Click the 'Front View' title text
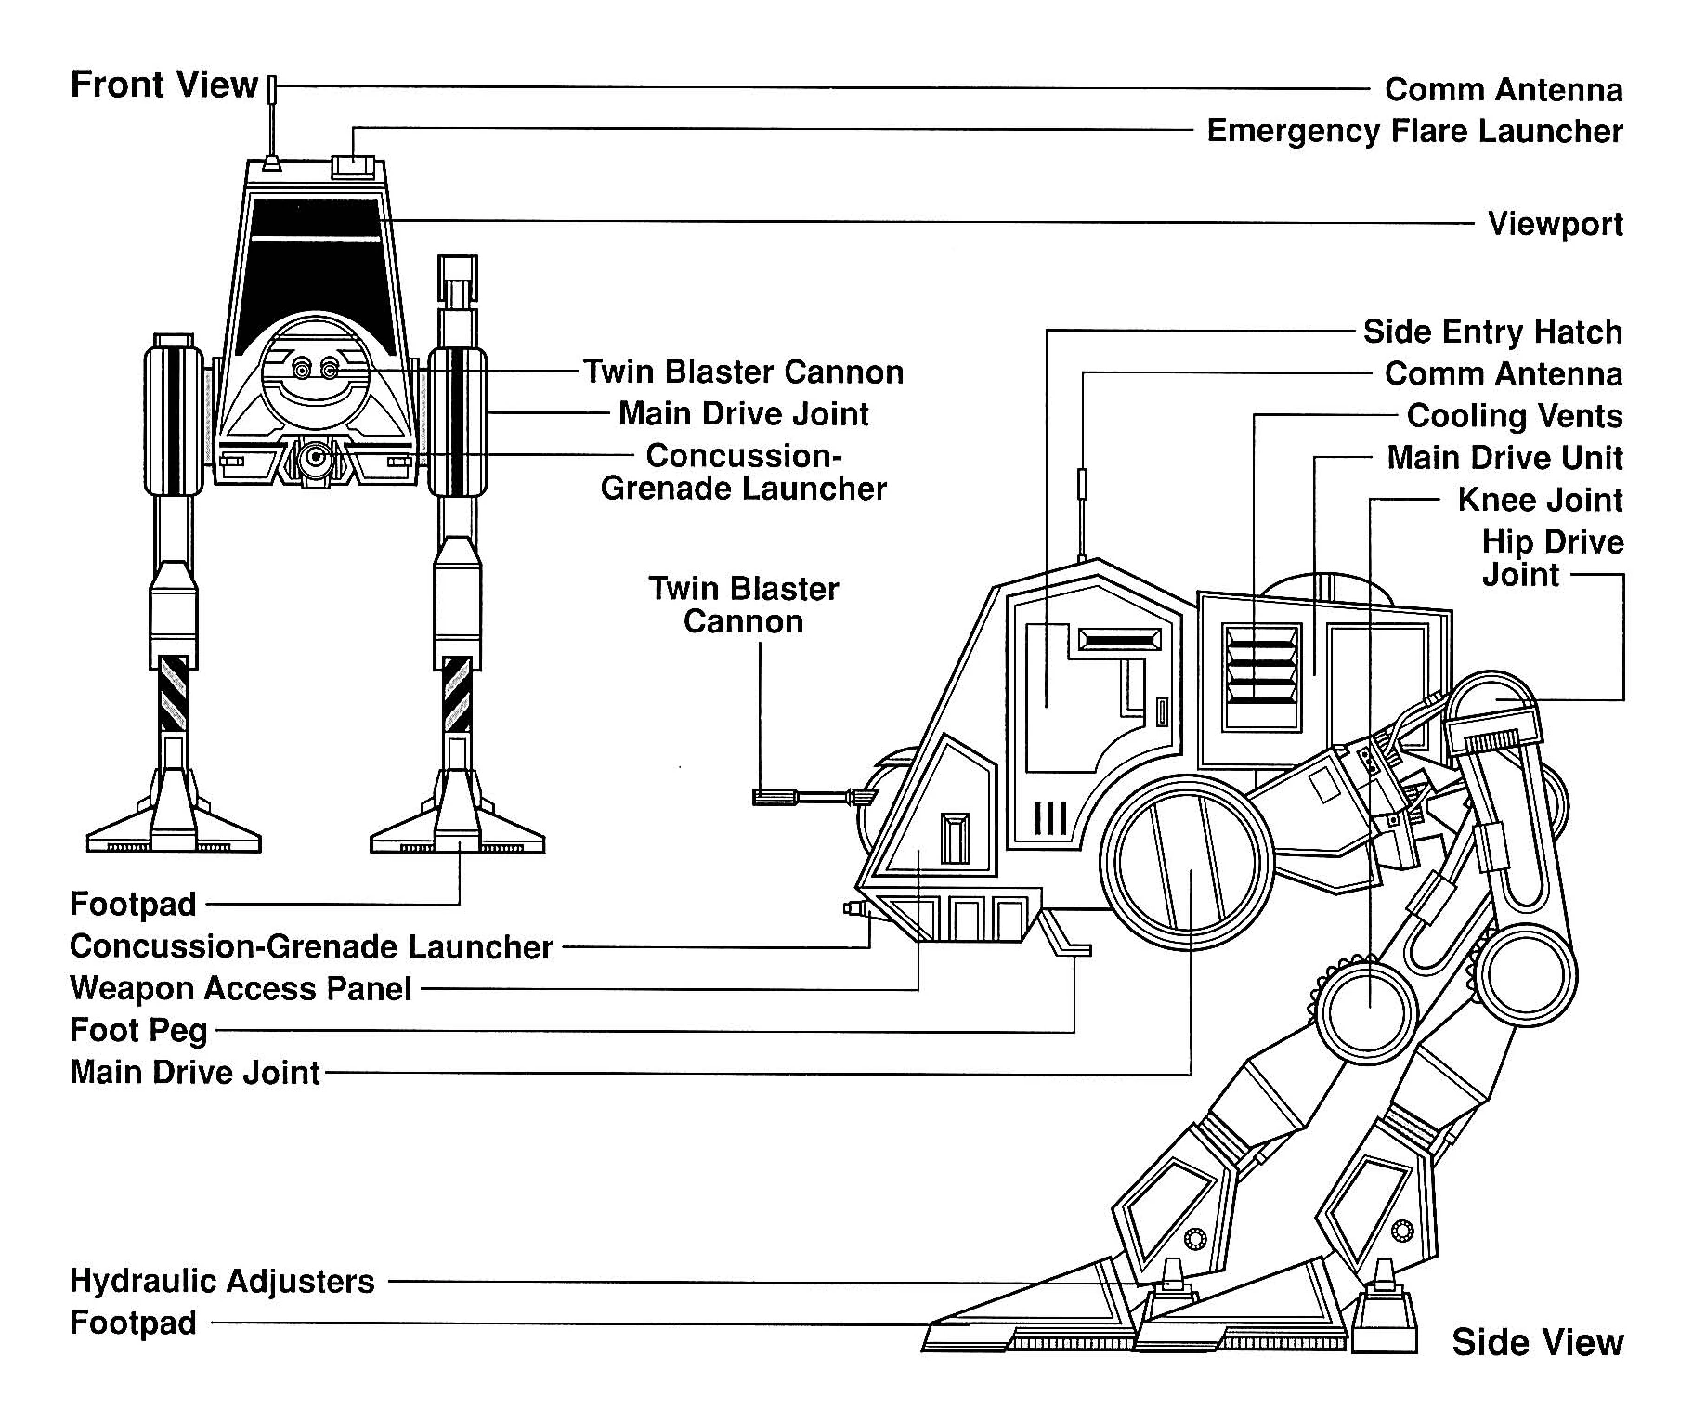(163, 85)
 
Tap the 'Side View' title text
(1537, 1342)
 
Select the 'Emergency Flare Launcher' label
(1414, 131)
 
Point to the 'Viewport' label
(1555, 224)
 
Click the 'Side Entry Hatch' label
(1491, 332)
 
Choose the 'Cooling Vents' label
(1514, 415)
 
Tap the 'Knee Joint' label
(1540, 500)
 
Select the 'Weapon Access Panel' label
(241, 988)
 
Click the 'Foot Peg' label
(138, 1030)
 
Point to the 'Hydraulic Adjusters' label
(222, 1282)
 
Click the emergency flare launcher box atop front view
(353, 167)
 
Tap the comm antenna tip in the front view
(272, 89)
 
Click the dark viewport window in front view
(316, 260)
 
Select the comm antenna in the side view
(1081, 502)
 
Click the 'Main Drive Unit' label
(1504, 458)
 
